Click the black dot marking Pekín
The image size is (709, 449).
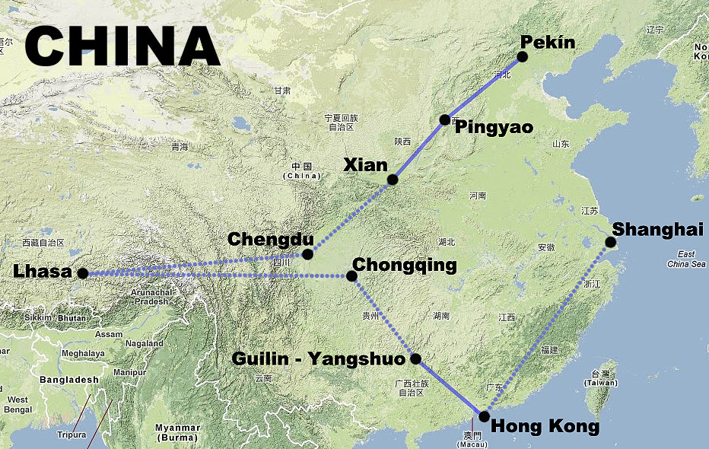[x=522, y=56]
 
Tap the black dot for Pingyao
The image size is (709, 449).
[x=445, y=119]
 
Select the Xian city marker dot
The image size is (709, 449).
[x=393, y=180]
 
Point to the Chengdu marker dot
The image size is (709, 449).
[x=307, y=253]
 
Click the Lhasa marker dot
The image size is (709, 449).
[x=83, y=272]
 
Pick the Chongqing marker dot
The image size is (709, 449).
[x=351, y=276]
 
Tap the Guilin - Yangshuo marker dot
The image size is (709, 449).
[x=415, y=358]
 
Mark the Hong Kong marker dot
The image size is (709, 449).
[x=484, y=416]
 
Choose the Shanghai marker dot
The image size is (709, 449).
[x=610, y=243]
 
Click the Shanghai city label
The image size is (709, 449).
[x=658, y=229]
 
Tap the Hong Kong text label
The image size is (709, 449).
[x=545, y=425]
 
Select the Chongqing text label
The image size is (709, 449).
[x=405, y=265]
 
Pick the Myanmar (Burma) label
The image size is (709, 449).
[x=176, y=431]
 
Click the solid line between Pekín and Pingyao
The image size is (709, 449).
[x=484, y=88]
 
